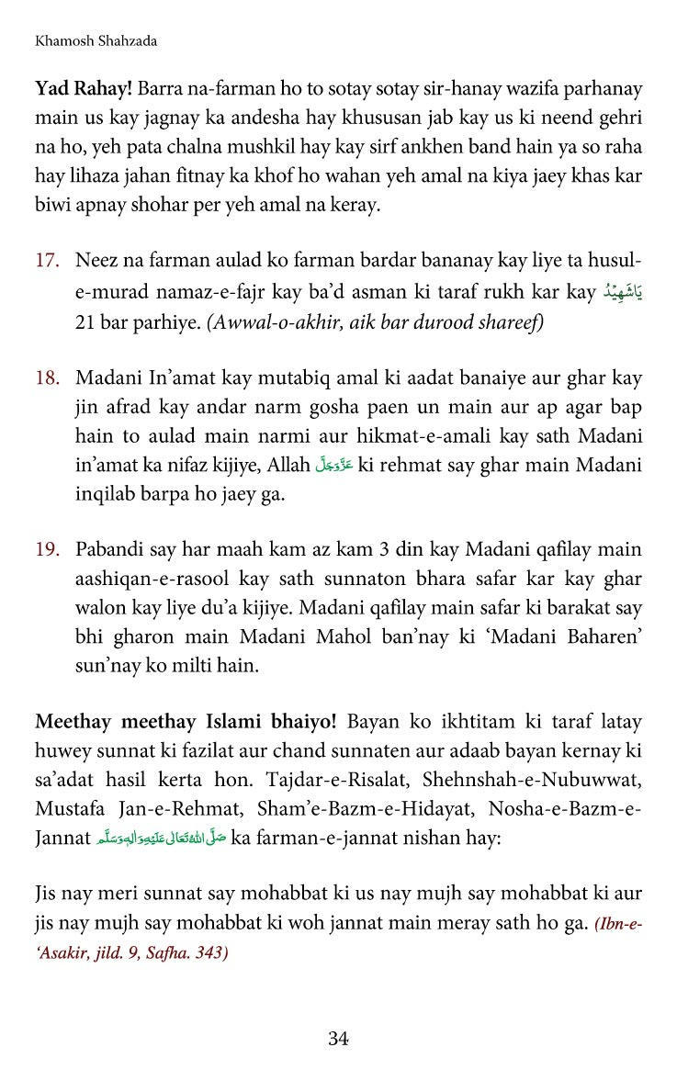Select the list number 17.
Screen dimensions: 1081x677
47,261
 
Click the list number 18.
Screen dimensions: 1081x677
47,377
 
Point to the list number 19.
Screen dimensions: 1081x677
47,550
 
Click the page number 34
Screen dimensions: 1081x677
338,1039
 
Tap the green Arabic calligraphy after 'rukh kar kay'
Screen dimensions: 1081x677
623,293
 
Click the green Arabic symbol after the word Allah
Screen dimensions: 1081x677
333,466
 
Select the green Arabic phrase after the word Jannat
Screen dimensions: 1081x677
162,839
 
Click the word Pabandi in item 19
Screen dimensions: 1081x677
111,550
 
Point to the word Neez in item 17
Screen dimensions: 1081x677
96,261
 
